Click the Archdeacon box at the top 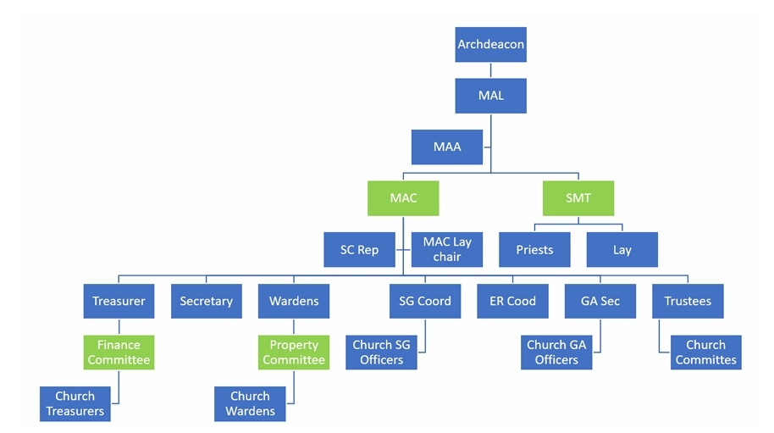tap(490, 44)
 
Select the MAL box tap(490, 96)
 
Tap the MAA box tap(446, 147)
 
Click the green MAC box tap(402, 198)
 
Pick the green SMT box tap(578, 198)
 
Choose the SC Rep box tap(359, 250)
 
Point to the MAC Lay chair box tap(446, 249)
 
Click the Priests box tap(534, 250)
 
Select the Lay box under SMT tap(622, 250)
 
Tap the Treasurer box tap(119, 301)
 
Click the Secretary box tap(206, 301)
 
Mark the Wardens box tap(294, 301)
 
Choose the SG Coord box tap(425, 301)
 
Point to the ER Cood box tap(512, 301)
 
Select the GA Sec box tap(600, 301)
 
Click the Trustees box tap(688, 301)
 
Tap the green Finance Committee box tap(119, 353)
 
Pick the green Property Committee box tap(294, 353)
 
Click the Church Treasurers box tap(75, 403)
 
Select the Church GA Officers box tap(556, 353)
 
